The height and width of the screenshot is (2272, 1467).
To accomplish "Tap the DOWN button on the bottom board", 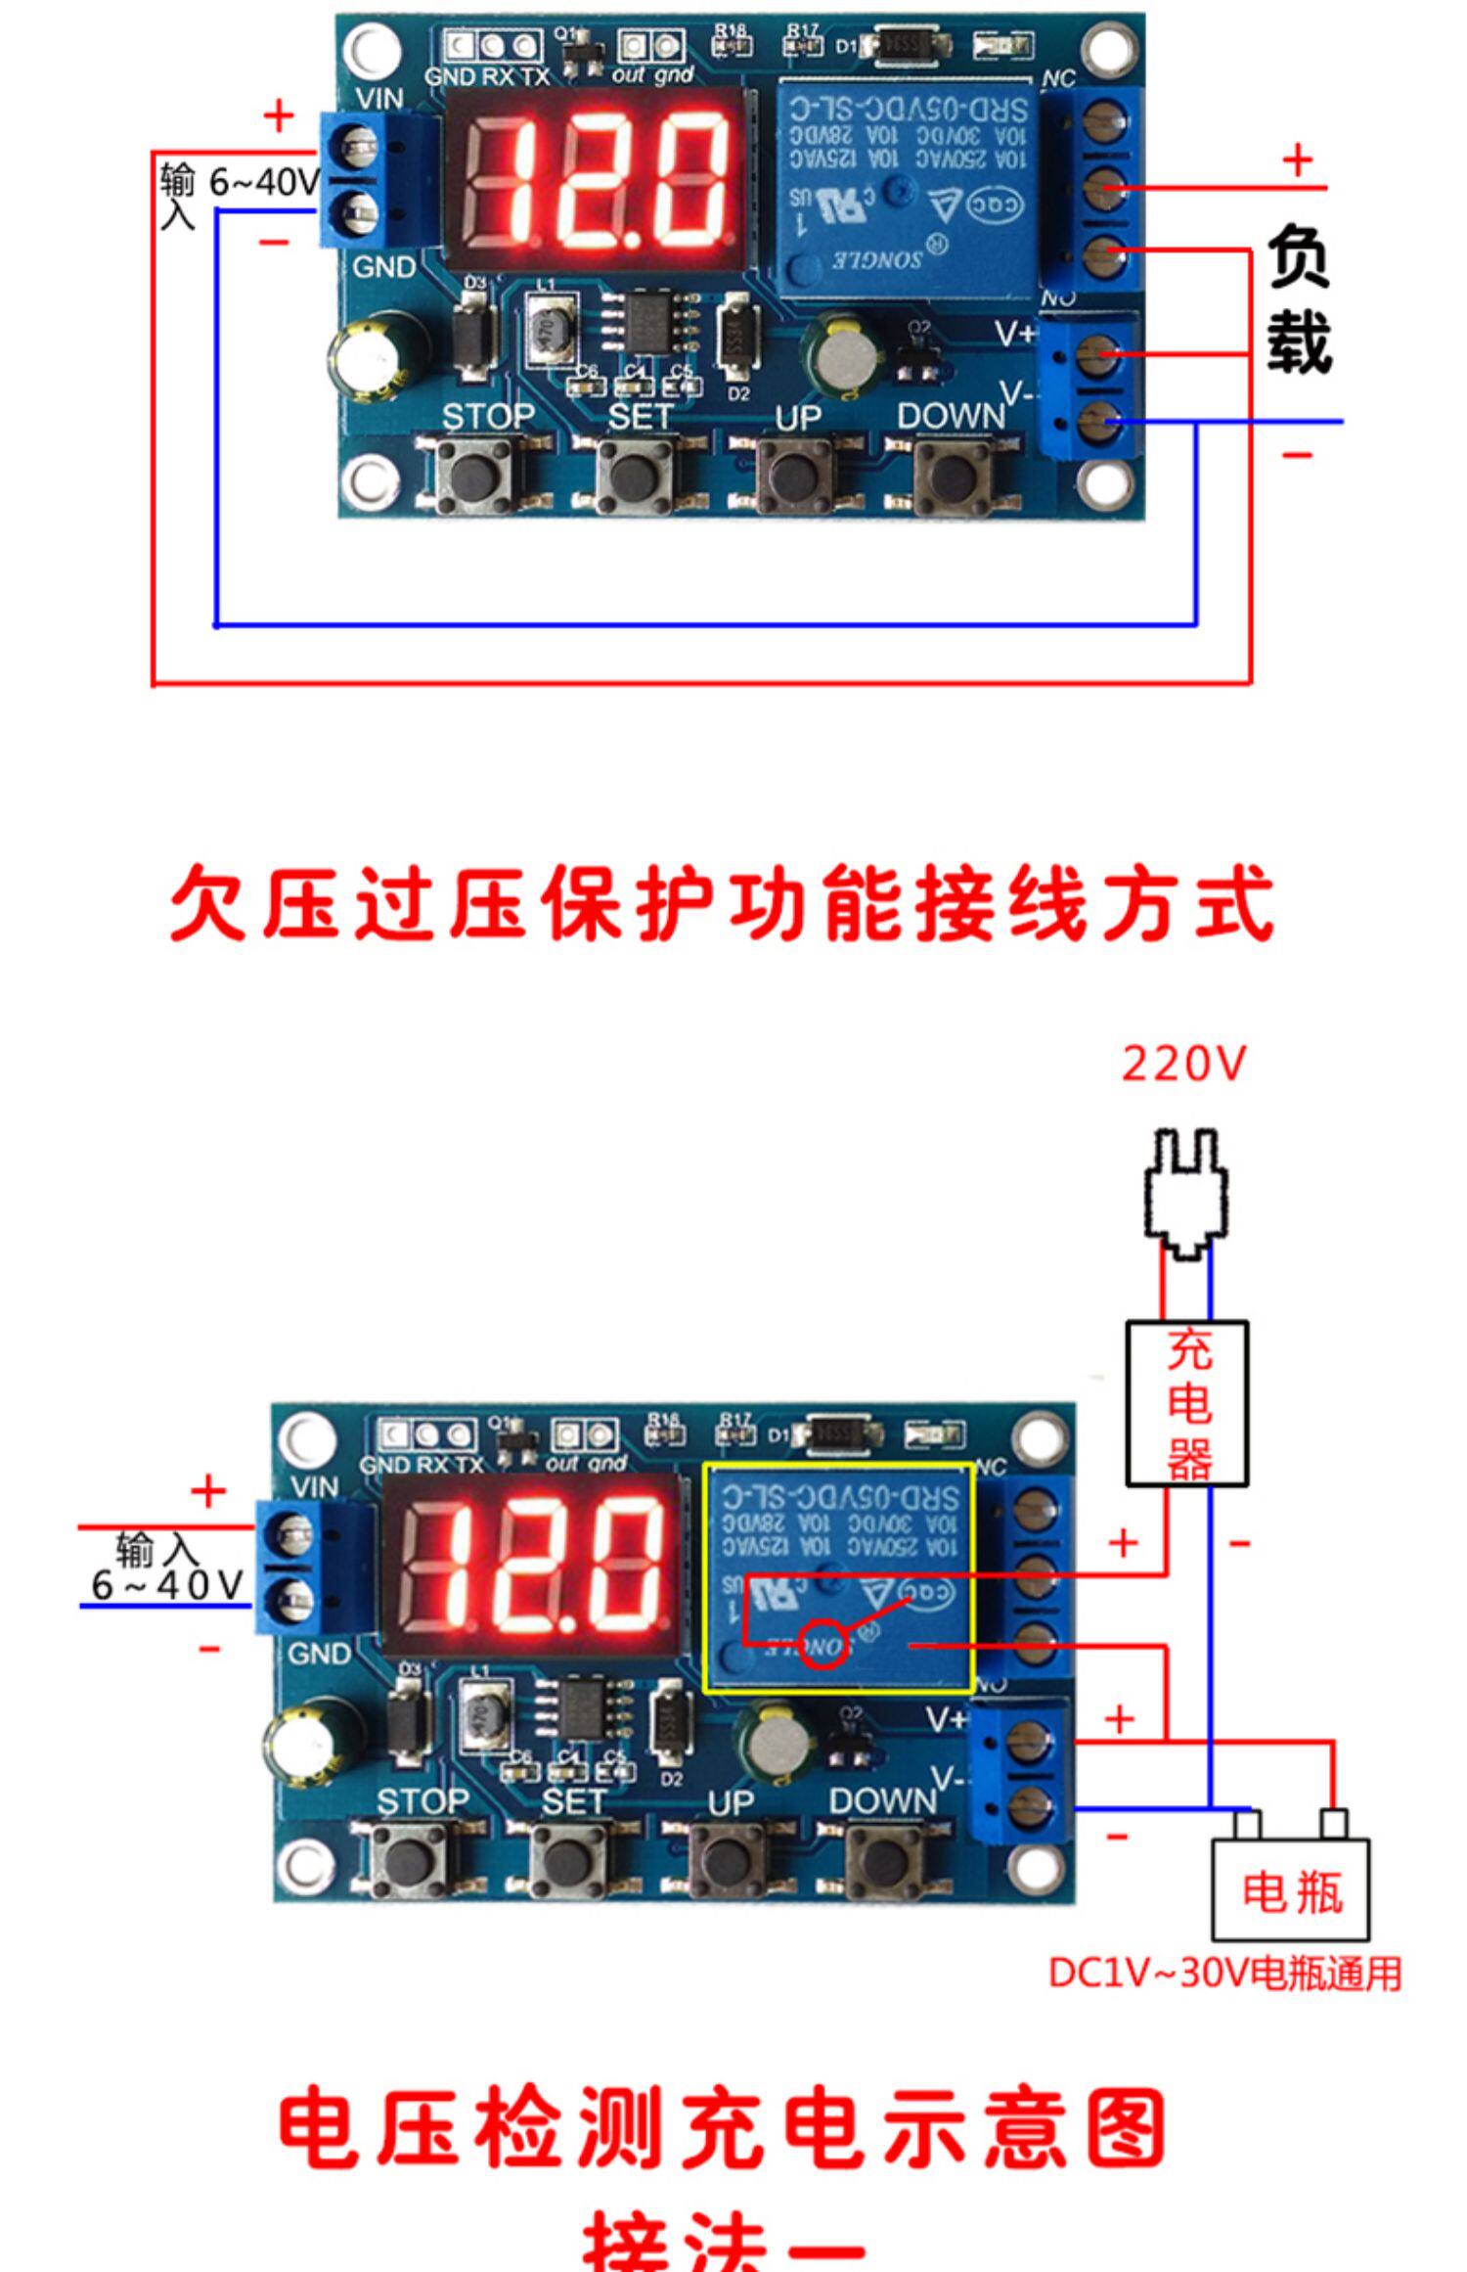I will (x=886, y=1861).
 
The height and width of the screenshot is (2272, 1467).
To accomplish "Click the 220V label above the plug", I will (x=1183, y=1065).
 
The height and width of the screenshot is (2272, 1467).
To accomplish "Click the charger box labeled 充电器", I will (x=1186, y=1402).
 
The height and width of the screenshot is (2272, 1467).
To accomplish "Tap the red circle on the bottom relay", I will (x=823, y=1646).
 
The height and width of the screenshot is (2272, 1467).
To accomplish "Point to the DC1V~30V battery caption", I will (x=1224, y=1973).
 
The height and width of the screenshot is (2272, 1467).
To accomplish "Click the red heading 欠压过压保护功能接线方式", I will (x=722, y=902).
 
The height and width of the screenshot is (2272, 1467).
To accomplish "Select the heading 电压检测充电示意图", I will (x=722, y=2129).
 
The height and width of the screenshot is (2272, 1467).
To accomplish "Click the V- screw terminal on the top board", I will (x=1099, y=423).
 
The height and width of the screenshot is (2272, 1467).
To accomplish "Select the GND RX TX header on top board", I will (x=494, y=45).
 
